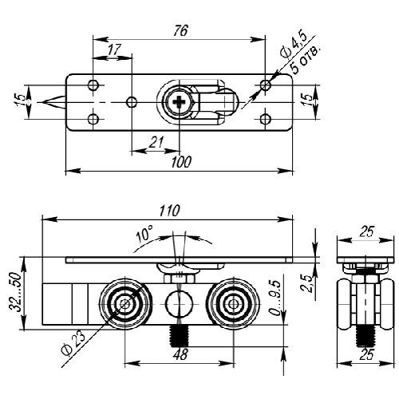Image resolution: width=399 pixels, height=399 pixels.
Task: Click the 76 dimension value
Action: [x=180, y=30]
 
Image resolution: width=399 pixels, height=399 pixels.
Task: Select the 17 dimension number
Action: [x=114, y=50]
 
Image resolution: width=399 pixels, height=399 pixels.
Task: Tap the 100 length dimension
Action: [x=181, y=162]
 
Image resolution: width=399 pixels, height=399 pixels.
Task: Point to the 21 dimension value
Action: [x=156, y=143]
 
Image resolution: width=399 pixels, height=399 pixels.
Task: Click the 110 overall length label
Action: [x=170, y=211]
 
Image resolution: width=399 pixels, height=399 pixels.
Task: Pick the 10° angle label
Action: [x=144, y=234]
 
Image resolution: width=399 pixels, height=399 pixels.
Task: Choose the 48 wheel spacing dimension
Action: [x=180, y=354]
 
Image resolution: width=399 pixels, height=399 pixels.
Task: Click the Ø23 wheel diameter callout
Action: [x=73, y=344]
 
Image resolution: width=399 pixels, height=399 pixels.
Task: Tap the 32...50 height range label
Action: [x=15, y=292]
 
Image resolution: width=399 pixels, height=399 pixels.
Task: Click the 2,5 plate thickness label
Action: [x=307, y=283]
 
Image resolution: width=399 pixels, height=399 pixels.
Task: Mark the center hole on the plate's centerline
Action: [x=132, y=102]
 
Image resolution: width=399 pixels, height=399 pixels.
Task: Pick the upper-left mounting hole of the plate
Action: [x=93, y=85]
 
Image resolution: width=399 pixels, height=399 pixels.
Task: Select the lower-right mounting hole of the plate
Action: [x=265, y=119]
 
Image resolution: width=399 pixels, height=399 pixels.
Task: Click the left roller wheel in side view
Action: [x=124, y=304]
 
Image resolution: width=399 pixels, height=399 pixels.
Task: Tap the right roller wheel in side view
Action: [x=233, y=304]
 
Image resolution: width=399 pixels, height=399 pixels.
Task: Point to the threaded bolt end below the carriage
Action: [x=180, y=336]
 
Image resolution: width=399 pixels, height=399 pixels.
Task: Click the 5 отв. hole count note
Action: [x=306, y=60]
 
